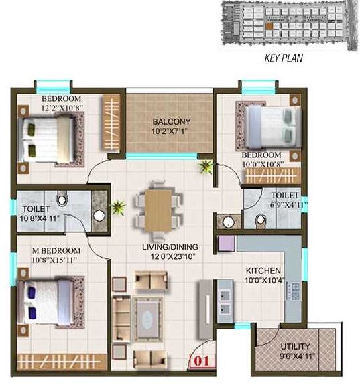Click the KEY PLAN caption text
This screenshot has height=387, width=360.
point(280,58)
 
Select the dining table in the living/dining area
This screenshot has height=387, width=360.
point(158,208)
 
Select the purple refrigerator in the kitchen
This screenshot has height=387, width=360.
point(226,243)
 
